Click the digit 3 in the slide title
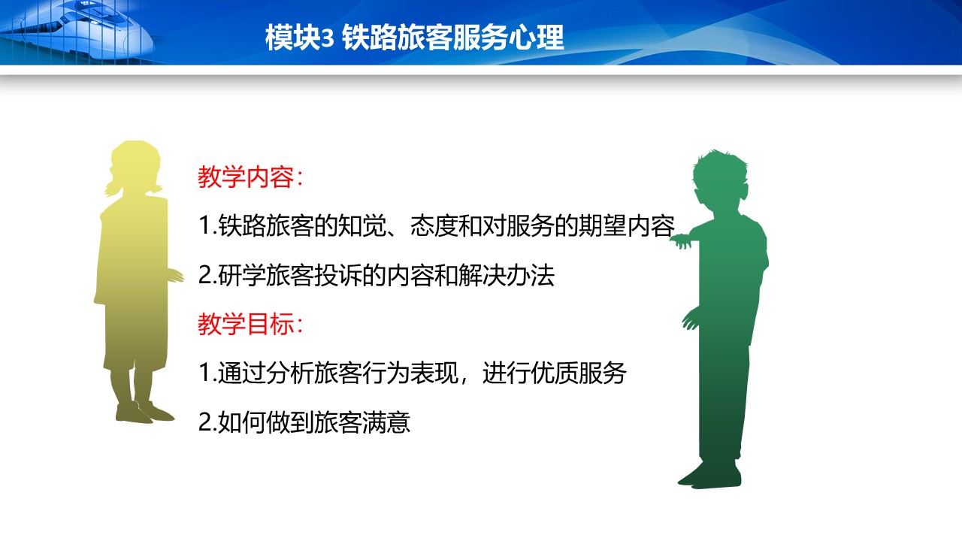[327, 38]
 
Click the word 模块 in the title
[293, 38]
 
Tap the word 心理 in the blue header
[536, 38]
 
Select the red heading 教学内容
[245, 177]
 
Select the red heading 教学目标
[246, 324]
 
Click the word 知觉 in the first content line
[362, 226]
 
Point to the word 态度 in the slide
[434, 226]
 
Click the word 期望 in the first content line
[603, 226]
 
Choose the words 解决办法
[506, 275]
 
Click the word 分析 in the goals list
[290, 373]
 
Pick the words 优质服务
[579, 373]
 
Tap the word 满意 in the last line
[386, 422]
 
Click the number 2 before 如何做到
[204, 422]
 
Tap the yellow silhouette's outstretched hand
[176, 276]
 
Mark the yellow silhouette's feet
[144, 413]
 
